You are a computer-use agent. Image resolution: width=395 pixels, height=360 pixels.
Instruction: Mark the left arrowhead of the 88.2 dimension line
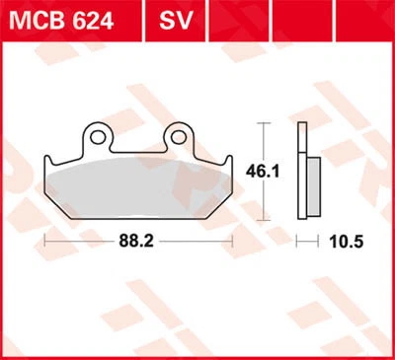46,240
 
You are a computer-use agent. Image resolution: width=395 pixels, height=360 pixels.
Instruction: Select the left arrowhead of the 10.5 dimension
302,240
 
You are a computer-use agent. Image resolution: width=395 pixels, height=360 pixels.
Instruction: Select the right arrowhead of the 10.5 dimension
319,240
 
